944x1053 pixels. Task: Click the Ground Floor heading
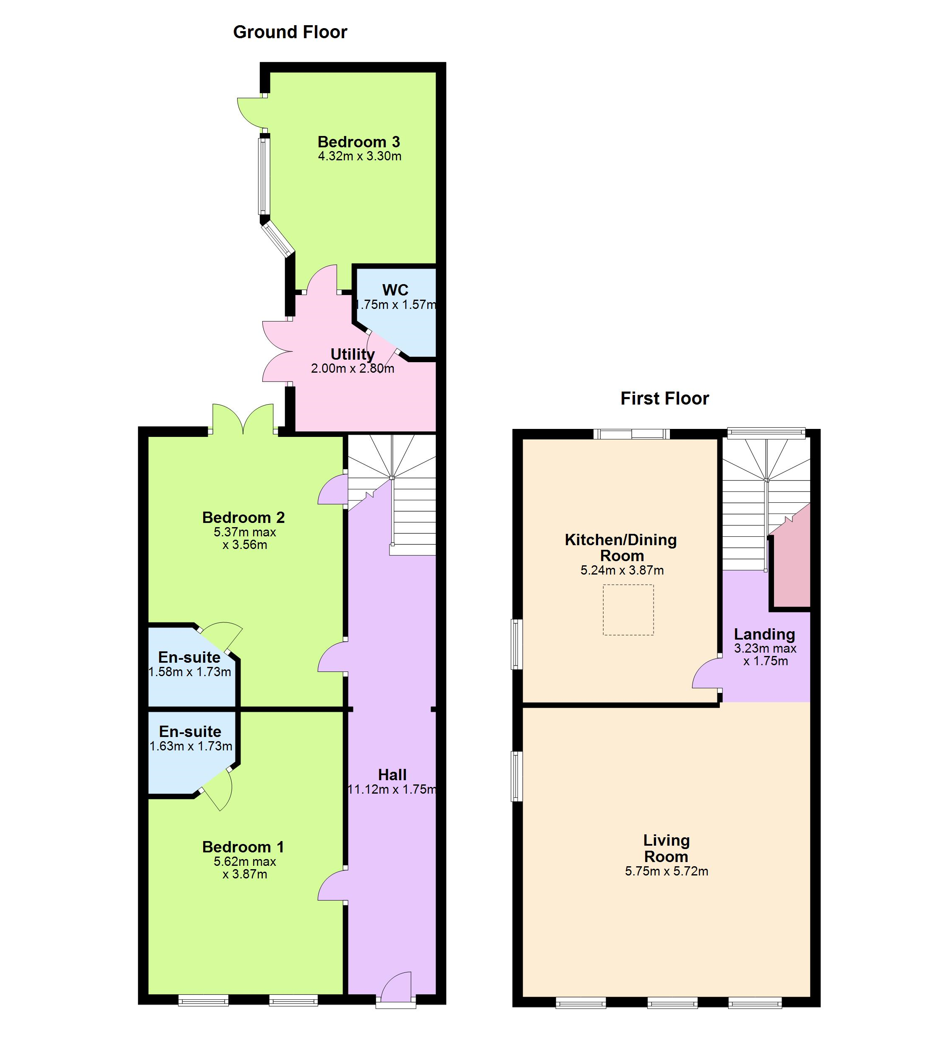(x=290, y=32)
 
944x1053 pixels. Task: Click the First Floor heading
(x=664, y=398)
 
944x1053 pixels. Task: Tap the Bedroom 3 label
(x=359, y=141)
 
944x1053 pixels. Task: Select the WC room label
(x=395, y=290)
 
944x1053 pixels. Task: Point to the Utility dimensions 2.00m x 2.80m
(x=353, y=368)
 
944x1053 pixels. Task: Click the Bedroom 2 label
(x=244, y=517)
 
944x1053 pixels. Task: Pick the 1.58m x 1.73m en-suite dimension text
(x=190, y=672)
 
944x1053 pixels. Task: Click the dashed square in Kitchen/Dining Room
(x=628, y=609)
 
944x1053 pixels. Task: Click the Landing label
(x=764, y=634)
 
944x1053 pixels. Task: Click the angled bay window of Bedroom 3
(x=278, y=239)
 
